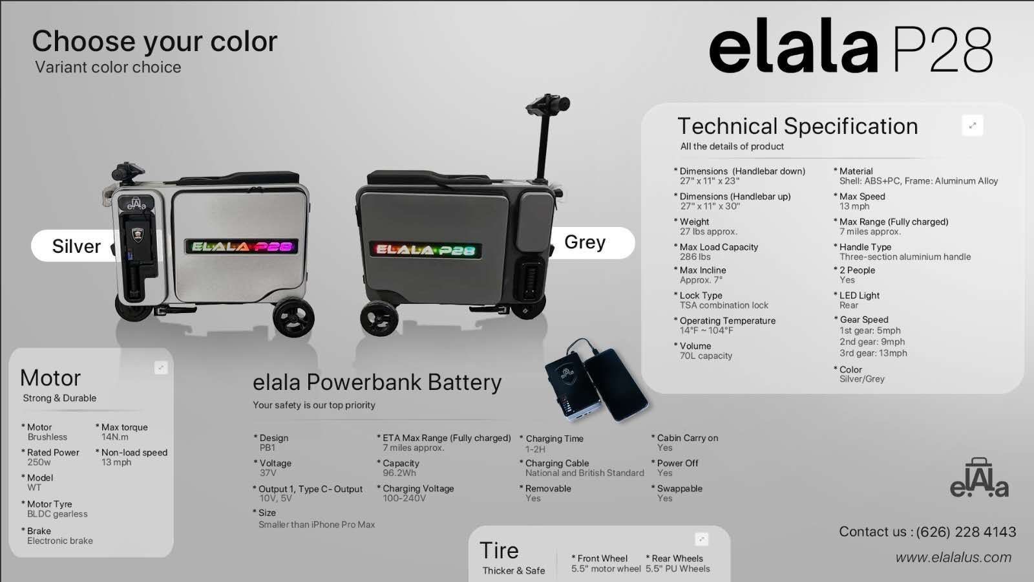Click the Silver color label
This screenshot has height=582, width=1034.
click(x=76, y=246)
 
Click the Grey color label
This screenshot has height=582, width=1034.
click(x=585, y=242)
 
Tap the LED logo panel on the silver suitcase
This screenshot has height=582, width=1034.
click(x=241, y=246)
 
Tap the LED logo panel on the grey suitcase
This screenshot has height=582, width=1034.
click(x=425, y=250)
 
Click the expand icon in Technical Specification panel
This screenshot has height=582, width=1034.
click(x=972, y=125)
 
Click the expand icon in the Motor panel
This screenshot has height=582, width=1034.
click(x=161, y=368)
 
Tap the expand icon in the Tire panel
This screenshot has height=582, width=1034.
click(x=701, y=539)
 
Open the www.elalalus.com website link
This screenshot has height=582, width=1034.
click(x=953, y=557)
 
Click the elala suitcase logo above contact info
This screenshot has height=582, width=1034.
click(x=979, y=479)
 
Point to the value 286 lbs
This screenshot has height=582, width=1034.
click(x=695, y=257)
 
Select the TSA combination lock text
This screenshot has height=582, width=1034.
click(x=724, y=305)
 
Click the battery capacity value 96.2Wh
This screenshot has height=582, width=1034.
click(x=399, y=473)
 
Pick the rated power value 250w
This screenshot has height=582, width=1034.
click(x=39, y=462)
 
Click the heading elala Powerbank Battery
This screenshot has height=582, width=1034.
click(x=377, y=382)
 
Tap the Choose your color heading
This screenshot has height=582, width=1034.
click(x=154, y=41)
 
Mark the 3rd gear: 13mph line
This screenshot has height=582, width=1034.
click(x=873, y=353)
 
